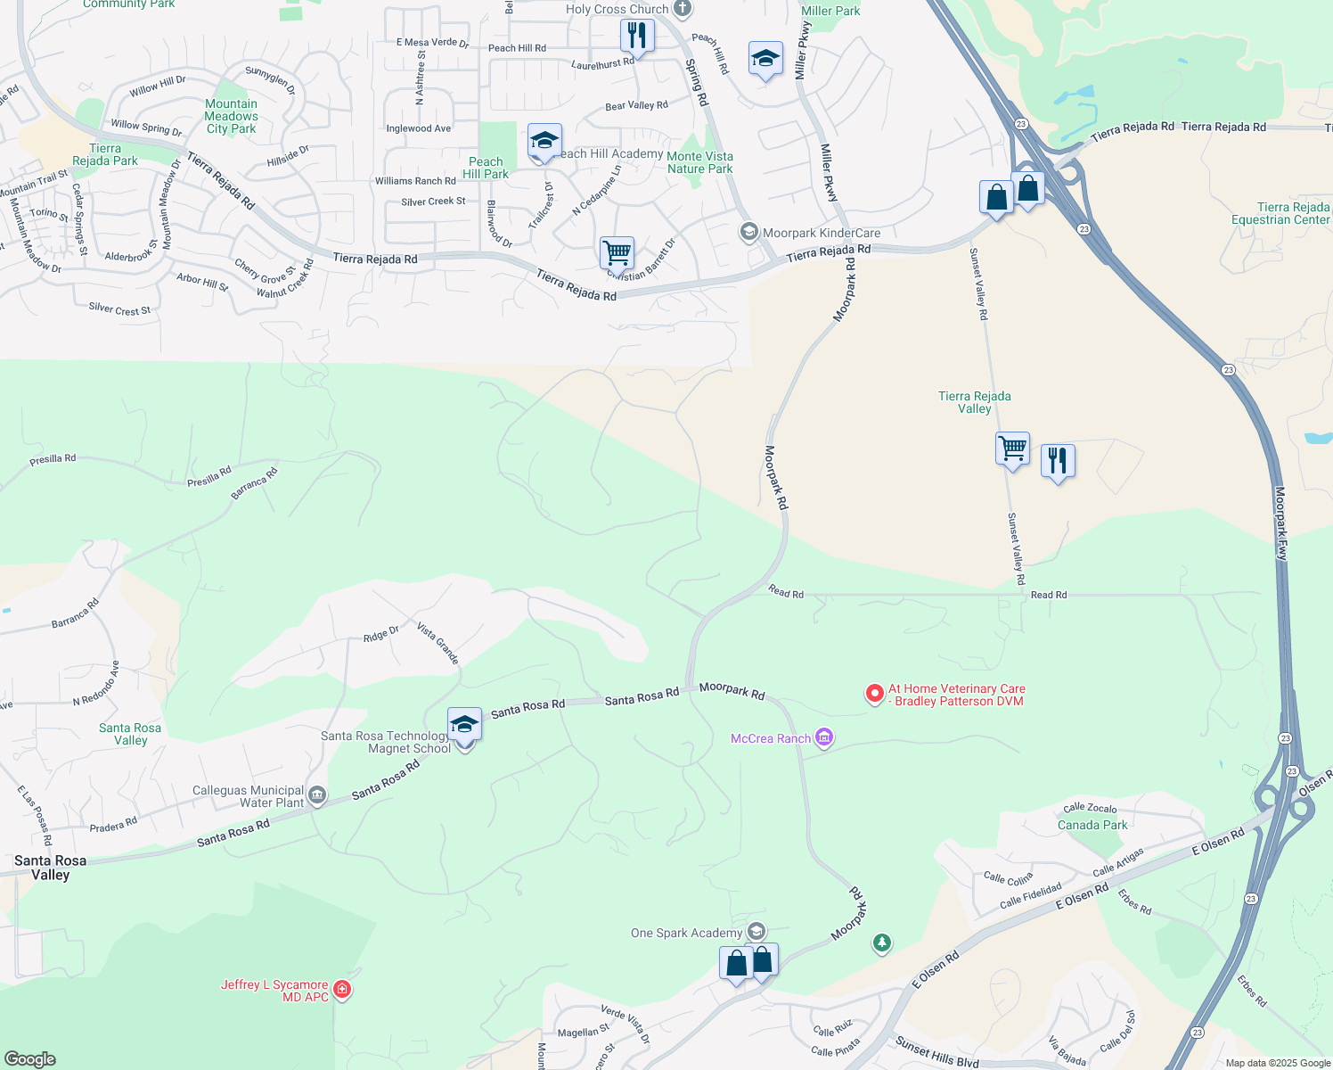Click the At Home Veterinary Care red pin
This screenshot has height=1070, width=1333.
875,693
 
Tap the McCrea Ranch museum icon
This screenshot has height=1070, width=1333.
824,737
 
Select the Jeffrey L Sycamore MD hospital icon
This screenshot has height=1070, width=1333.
341,990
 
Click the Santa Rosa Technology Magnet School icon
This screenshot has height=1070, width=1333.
464,725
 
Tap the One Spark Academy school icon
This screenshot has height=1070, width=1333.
756,932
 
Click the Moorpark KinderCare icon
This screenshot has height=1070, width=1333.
749,232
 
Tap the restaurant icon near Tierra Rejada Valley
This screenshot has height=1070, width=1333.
1058,461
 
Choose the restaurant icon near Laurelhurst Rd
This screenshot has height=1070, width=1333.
636,36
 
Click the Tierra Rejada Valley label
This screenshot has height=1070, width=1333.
974,402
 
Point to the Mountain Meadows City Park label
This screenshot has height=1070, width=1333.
231,116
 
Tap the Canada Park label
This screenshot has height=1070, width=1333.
1092,825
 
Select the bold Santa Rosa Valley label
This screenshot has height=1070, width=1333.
50,868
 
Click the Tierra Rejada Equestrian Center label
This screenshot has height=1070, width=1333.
1280,213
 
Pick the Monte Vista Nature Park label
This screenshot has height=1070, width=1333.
699,162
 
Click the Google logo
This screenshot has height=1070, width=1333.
29,1058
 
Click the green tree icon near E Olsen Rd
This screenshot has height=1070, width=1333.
882,942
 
